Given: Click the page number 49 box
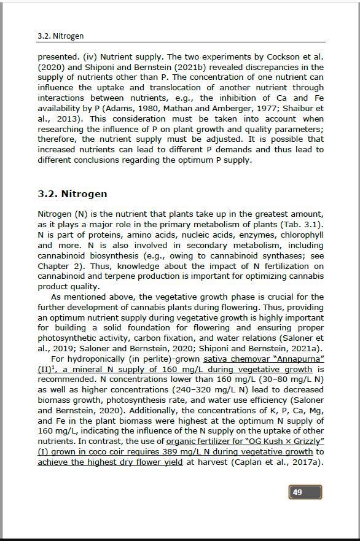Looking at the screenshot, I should pyautogui.click(x=305, y=492).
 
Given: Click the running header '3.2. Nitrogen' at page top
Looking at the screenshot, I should pyautogui.click(x=60, y=36).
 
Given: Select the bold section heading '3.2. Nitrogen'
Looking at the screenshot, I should pyautogui.click(x=72, y=193).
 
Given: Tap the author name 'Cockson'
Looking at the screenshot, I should pyautogui.click(x=284, y=56).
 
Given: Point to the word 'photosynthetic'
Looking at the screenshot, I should pyautogui.click(x=68, y=338).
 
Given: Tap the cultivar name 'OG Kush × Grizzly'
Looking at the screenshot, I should pyautogui.click(x=287, y=442).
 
